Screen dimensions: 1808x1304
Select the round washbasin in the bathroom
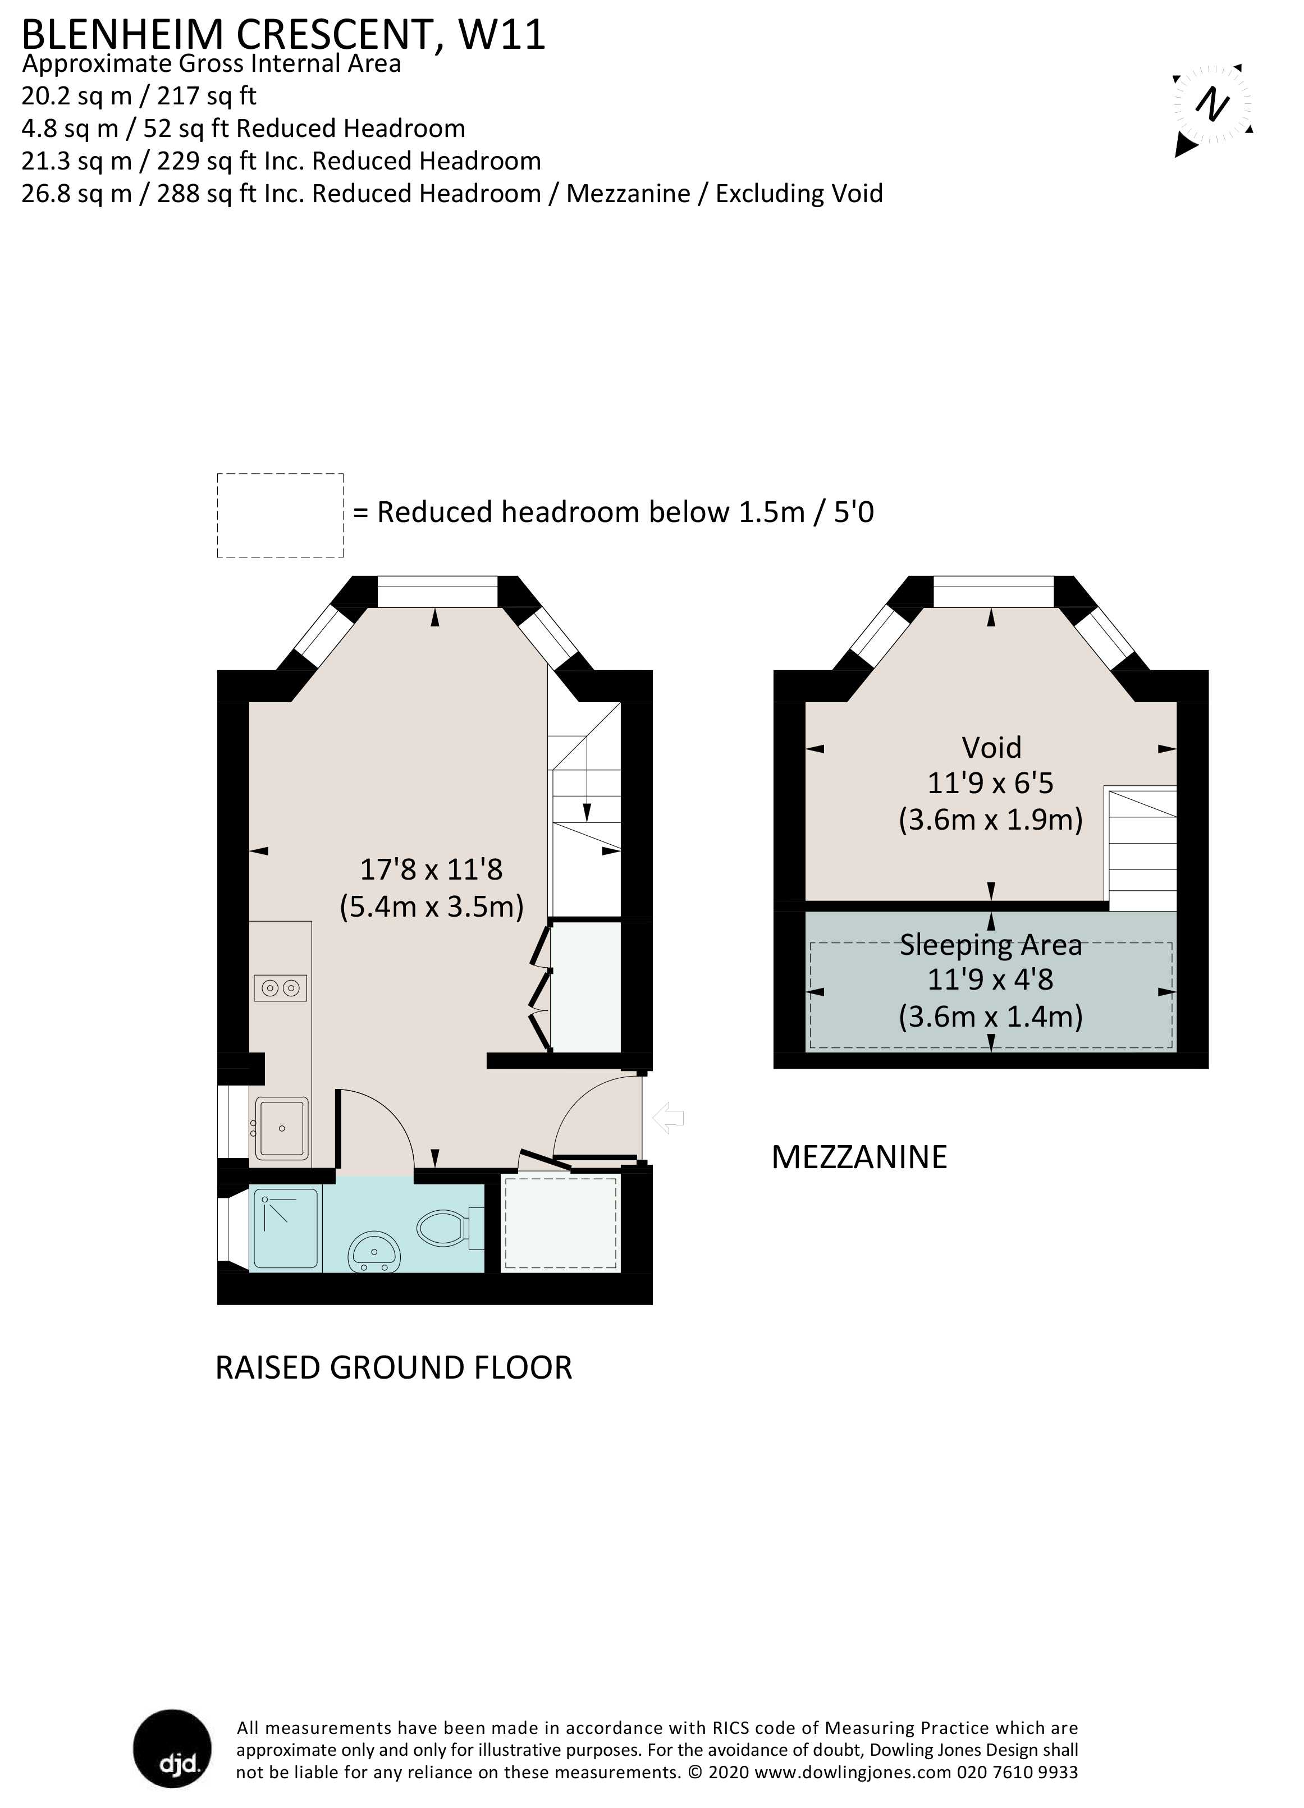(x=374, y=1252)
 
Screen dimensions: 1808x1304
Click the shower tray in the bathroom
(x=285, y=1229)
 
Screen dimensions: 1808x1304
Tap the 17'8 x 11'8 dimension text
(x=431, y=869)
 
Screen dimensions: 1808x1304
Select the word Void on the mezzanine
(x=991, y=748)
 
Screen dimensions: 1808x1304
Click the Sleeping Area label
(x=991, y=945)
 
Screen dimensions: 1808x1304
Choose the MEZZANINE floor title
(x=859, y=1157)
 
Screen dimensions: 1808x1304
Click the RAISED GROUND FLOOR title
(x=394, y=1367)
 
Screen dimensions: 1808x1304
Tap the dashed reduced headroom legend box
(x=280, y=515)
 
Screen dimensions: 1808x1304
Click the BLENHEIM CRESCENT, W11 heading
(x=283, y=35)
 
